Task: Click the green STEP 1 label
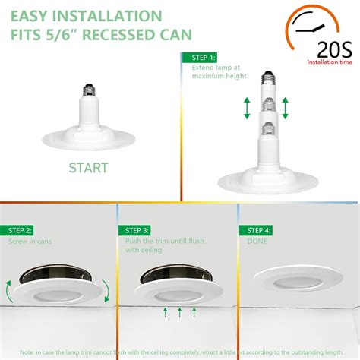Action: (201, 57)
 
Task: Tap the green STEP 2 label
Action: (20, 230)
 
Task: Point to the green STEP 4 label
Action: (254, 229)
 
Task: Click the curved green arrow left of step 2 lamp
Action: (8, 289)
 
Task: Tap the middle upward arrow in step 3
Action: (179, 311)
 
